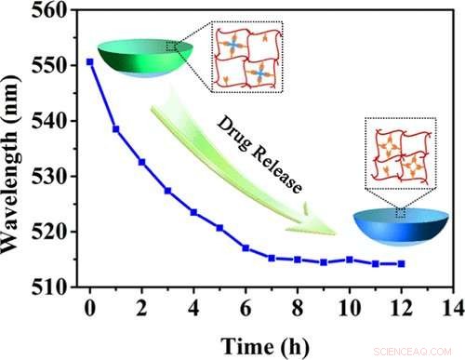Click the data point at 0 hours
point(90,61)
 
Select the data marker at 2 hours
point(141,162)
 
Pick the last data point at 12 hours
point(401,264)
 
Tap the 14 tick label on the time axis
point(453,307)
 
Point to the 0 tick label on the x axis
point(90,307)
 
